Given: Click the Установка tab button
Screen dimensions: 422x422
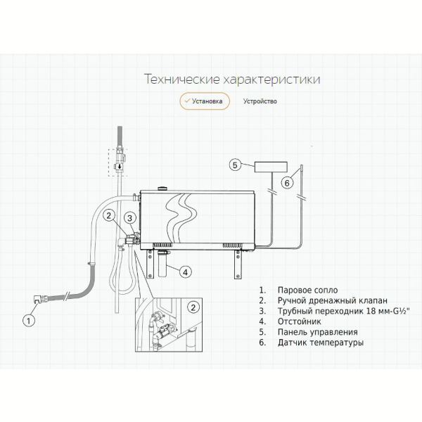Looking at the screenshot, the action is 205,101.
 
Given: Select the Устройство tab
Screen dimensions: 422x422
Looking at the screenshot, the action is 260,101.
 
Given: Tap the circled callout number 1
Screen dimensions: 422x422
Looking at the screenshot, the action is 28,321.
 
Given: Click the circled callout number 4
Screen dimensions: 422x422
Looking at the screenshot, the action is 186,271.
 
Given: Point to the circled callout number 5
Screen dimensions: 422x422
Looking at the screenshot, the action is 235,165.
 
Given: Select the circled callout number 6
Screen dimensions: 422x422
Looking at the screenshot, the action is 287,183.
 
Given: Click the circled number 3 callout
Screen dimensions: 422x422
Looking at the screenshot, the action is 130,218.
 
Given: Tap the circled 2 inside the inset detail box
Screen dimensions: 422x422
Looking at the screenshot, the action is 193,307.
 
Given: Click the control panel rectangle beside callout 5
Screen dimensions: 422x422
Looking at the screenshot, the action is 271,167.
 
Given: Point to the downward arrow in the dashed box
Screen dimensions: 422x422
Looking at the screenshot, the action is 120,167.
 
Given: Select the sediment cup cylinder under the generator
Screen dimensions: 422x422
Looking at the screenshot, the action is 162,264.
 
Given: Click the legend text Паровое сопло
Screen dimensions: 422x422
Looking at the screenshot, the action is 307,290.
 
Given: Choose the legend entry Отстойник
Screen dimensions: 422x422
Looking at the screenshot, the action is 300,321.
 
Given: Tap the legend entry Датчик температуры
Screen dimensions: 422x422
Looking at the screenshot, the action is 321,343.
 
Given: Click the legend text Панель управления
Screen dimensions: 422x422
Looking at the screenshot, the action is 318,332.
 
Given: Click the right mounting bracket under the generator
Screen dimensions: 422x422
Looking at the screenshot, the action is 238,264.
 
